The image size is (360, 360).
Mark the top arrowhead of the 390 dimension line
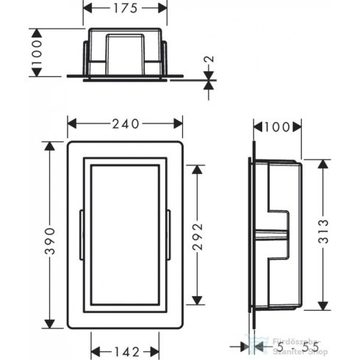[49, 145]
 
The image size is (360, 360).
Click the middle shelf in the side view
[275, 233]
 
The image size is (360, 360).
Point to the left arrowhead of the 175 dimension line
[83, 10]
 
